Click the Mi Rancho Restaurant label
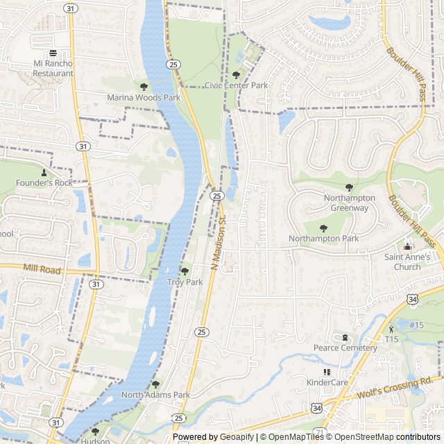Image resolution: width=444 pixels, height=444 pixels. pos(53,69)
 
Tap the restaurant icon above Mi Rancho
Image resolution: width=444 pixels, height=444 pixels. pos(53,53)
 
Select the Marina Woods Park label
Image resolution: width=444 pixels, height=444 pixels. pos(144,98)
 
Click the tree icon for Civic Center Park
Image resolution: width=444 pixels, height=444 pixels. pos(236,75)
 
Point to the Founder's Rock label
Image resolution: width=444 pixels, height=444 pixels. pos(44,182)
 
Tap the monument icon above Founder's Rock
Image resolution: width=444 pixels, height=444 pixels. pos(44,172)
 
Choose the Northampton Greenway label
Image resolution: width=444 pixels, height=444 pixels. pos(349,203)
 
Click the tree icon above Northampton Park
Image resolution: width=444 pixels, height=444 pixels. pos(323,228)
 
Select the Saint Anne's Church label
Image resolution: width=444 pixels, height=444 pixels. pos(407,262)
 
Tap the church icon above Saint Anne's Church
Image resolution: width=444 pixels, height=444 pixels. pos(407,246)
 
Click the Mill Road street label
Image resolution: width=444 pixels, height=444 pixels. pos(42,269)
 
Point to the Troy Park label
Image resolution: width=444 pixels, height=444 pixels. pos(185,282)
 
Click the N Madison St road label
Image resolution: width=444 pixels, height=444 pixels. pos(219,242)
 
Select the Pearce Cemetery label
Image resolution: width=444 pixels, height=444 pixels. pos(345,348)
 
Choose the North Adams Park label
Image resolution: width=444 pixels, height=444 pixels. pos(155,395)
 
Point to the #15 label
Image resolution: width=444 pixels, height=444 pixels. pos(416,325)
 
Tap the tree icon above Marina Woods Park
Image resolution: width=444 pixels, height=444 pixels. pos(144,87)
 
